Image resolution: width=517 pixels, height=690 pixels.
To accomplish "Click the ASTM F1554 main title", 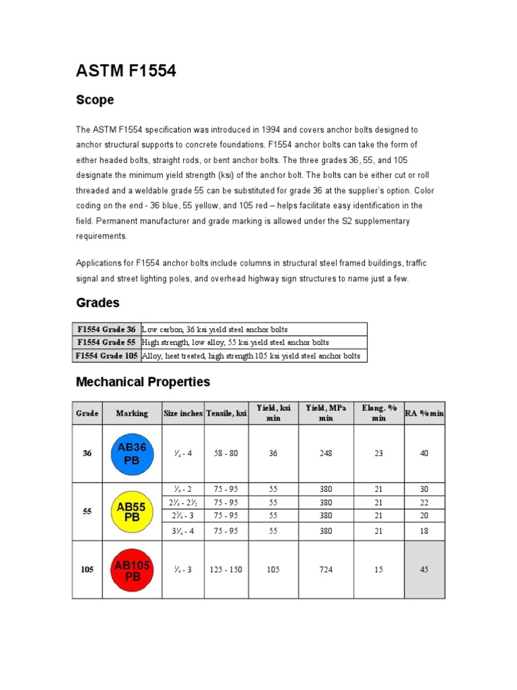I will [126, 70].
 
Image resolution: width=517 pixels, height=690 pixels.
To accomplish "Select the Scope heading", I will [95, 100].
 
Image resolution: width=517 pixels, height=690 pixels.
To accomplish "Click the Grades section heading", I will [98, 303].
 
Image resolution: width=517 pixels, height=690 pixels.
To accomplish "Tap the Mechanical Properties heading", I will [143, 382].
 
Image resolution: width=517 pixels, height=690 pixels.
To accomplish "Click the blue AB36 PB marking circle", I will [132, 453].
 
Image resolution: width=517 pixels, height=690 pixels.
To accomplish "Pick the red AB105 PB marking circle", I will [132, 569].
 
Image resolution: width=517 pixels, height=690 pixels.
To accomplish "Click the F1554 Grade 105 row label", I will [106, 356].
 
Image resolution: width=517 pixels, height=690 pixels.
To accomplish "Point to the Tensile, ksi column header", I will [226, 413].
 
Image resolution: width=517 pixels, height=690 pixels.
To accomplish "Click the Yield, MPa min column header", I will [326, 413].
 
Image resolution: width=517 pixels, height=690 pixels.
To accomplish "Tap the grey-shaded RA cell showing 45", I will [424, 569].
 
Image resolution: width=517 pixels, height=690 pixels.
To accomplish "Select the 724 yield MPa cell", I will [326, 569].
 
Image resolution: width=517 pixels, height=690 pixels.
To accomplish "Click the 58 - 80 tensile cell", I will [226, 453].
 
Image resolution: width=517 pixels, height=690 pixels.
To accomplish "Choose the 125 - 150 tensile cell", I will [226, 569].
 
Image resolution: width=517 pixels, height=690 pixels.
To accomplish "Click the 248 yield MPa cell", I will [326, 453].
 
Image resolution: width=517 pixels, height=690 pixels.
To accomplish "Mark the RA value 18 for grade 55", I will [424, 531].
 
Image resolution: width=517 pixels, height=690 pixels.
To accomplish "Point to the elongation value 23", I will [378, 453].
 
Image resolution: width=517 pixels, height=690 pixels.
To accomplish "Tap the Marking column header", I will [132, 413].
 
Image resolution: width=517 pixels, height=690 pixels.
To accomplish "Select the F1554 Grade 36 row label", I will [106, 330].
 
